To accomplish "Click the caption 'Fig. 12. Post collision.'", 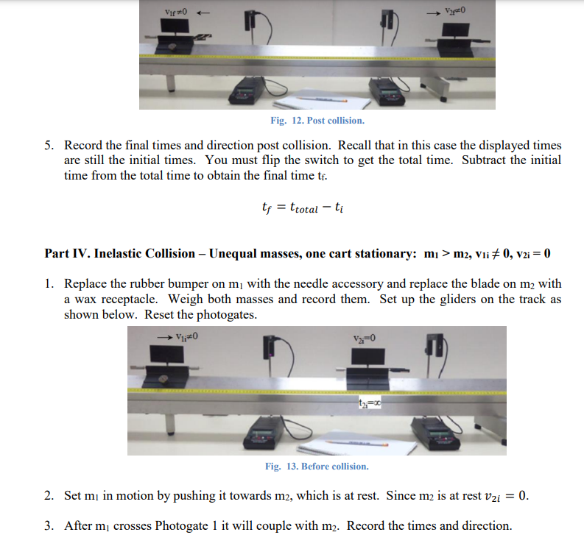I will pyautogui.click(x=317, y=120).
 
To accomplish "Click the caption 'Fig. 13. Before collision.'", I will pyautogui.click(x=317, y=466).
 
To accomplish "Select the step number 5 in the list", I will pyautogui.click(x=49, y=146).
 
